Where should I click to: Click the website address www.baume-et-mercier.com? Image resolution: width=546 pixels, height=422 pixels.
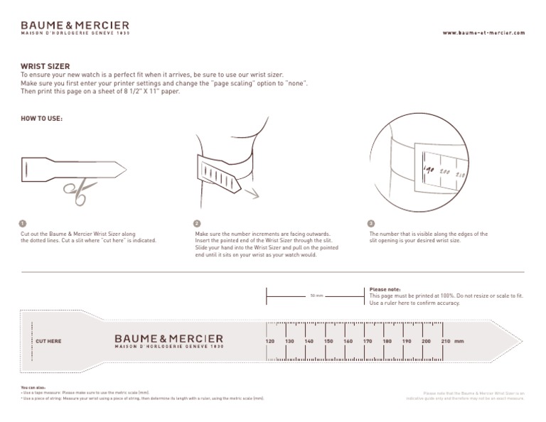click(483, 33)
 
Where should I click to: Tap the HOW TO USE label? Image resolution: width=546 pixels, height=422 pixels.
click(41, 119)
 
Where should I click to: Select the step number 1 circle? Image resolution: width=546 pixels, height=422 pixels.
click(23, 223)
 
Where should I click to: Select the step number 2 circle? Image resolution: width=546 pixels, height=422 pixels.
click(198, 223)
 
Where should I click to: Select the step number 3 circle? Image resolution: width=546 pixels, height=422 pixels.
click(371, 223)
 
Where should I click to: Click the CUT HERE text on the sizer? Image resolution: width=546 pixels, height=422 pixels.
click(48, 342)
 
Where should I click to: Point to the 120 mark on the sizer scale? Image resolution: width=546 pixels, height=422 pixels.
click(269, 342)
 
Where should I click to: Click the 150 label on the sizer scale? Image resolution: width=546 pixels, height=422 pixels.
click(328, 342)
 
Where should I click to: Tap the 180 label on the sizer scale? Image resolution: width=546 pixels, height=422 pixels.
click(387, 342)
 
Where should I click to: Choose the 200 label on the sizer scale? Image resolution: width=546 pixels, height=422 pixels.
click(426, 342)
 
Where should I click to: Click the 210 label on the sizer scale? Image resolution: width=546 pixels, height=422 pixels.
click(446, 342)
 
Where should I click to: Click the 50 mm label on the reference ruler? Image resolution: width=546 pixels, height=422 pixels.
click(316, 296)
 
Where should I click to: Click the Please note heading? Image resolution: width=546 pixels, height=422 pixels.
click(385, 289)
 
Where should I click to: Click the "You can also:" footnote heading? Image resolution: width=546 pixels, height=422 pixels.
click(33, 389)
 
